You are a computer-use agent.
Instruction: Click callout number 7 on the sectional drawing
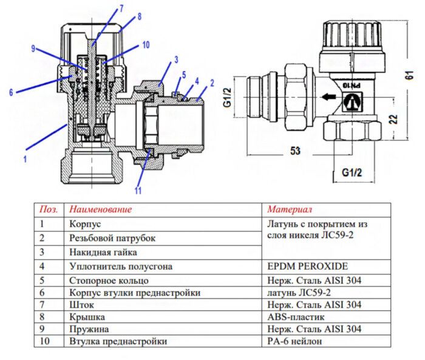121,8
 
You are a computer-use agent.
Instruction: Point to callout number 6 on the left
10,92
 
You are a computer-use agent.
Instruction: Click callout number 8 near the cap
139,16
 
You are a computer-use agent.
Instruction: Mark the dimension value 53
295,151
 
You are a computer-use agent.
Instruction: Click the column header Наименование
100,209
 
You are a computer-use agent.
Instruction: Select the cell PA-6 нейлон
294,341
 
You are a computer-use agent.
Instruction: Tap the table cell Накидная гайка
103,251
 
